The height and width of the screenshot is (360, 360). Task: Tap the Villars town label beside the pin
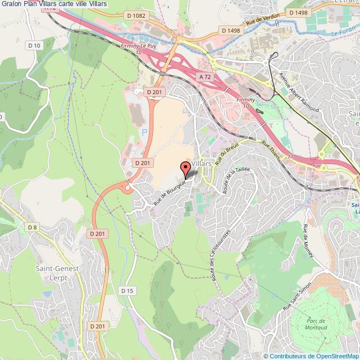(x=202, y=164)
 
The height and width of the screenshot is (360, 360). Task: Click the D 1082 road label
(x=135, y=16)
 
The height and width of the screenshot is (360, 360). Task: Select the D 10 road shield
(x=34, y=45)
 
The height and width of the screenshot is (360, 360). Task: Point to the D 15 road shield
(x=127, y=291)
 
